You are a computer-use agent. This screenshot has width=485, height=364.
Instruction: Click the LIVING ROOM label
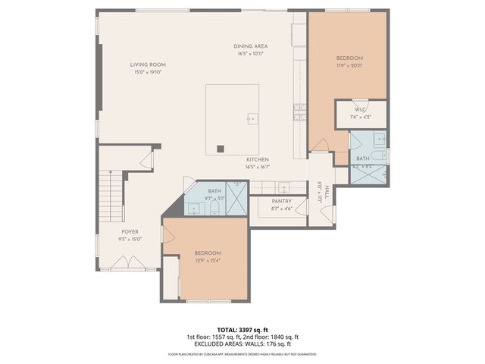[149, 65]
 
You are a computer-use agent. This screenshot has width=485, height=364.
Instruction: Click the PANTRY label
[282, 201]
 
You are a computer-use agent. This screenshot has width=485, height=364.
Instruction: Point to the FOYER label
[130, 231]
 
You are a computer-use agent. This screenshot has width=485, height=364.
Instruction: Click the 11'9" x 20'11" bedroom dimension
[350, 66]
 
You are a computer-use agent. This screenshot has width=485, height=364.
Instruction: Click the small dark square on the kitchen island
[221, 149]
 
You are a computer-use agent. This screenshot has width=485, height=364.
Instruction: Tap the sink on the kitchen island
[252, 118]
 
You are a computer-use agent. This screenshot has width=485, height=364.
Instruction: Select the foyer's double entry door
[98, 246]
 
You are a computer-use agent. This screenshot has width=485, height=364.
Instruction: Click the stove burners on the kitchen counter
[299, 113]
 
